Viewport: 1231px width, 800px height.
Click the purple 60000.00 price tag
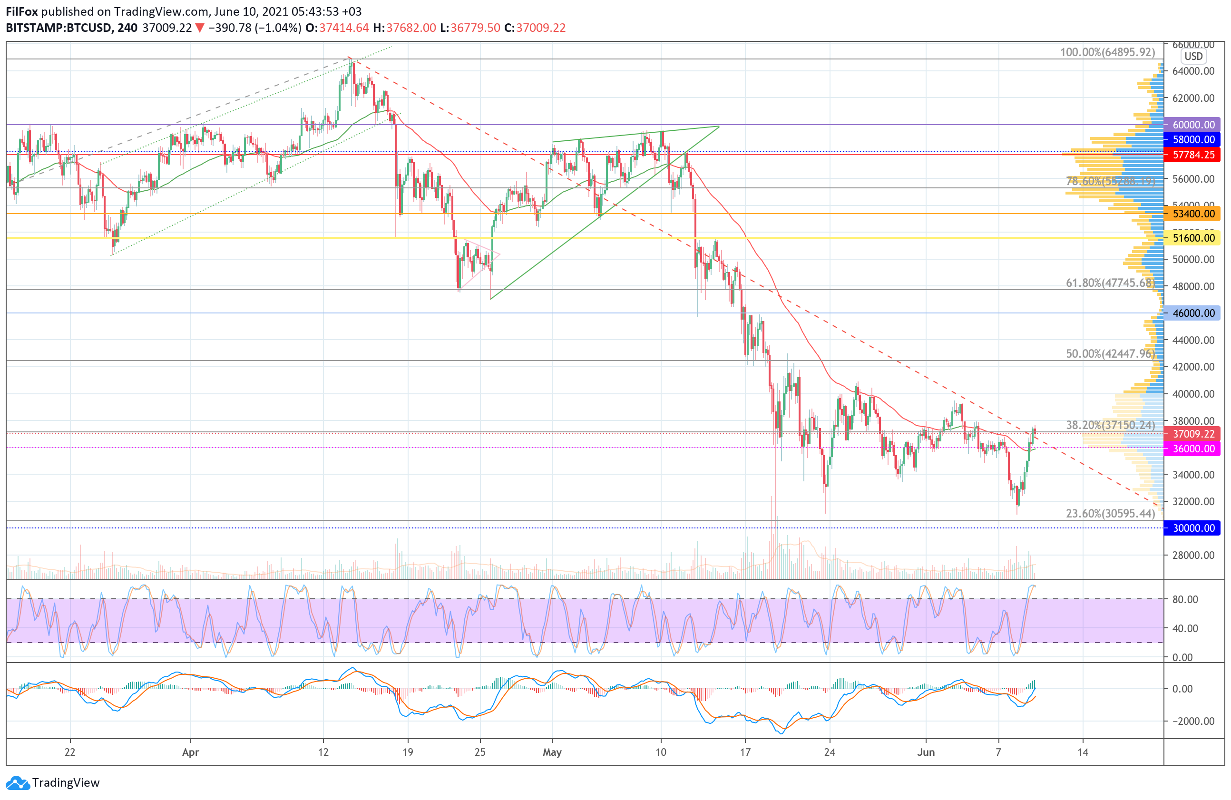[x=1192, y=125]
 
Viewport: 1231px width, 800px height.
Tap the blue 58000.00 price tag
[x=1192, y=140]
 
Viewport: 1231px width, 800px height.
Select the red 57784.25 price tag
[x=1192, y=155]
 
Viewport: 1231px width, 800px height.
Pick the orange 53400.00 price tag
[x=1192, y=214]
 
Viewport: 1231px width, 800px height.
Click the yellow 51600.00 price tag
[x=1192, y=238]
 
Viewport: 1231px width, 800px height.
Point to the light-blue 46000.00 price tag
[x=1192, y=313]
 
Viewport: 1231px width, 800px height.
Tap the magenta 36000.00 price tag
[x=1192, y=449]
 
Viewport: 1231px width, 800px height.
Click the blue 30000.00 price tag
[x=1192, y=528]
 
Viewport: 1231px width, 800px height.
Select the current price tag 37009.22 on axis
[x=1192, y=434]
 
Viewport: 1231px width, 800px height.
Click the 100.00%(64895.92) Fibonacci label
[x=1107, y=52]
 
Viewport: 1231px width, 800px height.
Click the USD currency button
[x=1193, y=57]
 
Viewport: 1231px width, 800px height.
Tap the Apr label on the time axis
[x=190, y=752]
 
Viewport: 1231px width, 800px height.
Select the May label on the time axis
[x=552, y=752]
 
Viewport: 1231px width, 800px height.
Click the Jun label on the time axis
[x=925, y=752]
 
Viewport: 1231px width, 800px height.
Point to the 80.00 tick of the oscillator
[x=1185, y=599]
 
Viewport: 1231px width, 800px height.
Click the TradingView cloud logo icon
[x=18, y=783]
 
